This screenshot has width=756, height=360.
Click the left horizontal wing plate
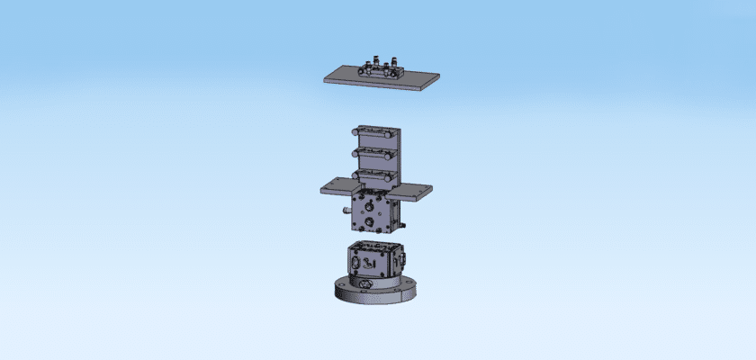click(x=338, y=187)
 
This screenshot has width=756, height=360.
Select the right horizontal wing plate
click(x=414, y=190)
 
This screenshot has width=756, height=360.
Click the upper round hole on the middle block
click(x=371, y=205)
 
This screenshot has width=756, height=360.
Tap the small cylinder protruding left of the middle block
click(x=347, y=210)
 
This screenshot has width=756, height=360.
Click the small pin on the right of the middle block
click(x=402, y=218)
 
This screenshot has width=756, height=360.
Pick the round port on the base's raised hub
click(x=366, y=283)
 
